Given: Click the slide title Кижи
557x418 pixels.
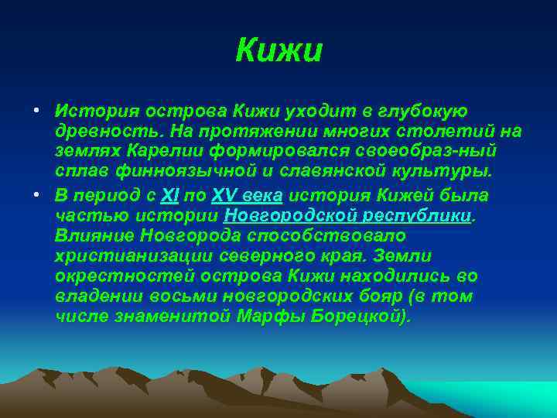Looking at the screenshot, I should tap(278, 51).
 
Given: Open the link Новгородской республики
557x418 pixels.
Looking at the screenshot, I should tap(347, 214).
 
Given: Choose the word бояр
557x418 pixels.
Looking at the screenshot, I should tap(382, 297).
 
